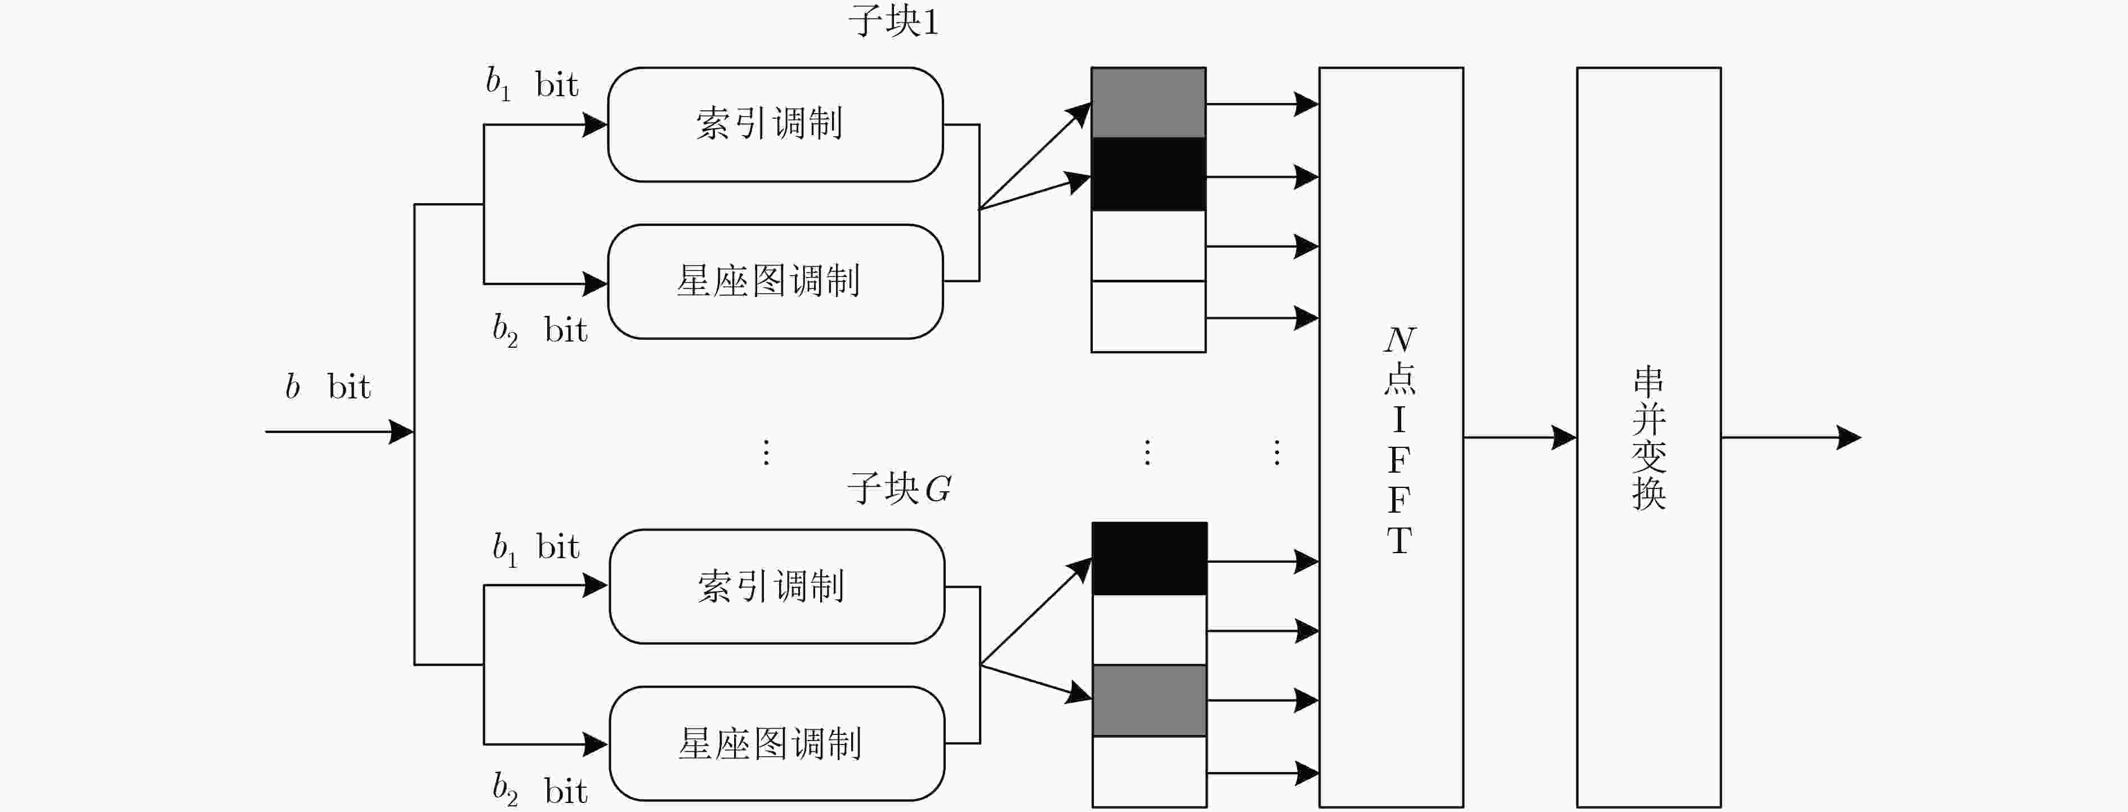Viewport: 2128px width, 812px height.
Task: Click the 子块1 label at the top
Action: point(894,21)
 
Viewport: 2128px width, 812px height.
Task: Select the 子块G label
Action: point(899,488)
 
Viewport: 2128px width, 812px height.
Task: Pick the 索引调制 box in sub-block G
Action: point(776,586)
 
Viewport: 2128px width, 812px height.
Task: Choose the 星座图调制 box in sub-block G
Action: point(776,743)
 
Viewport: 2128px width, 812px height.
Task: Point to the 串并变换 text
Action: point(1649,438)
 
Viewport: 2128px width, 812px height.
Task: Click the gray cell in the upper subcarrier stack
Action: point(1148,102)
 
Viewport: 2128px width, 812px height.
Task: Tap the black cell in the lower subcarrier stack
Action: point(1149,558)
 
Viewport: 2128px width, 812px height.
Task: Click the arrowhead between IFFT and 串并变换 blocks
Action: point(1564,437)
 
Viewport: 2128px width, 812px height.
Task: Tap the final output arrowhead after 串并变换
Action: point(1849,437)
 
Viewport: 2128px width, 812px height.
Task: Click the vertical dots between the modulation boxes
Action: point(767,452)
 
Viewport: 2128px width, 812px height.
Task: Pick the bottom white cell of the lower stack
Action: point(1149,771)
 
